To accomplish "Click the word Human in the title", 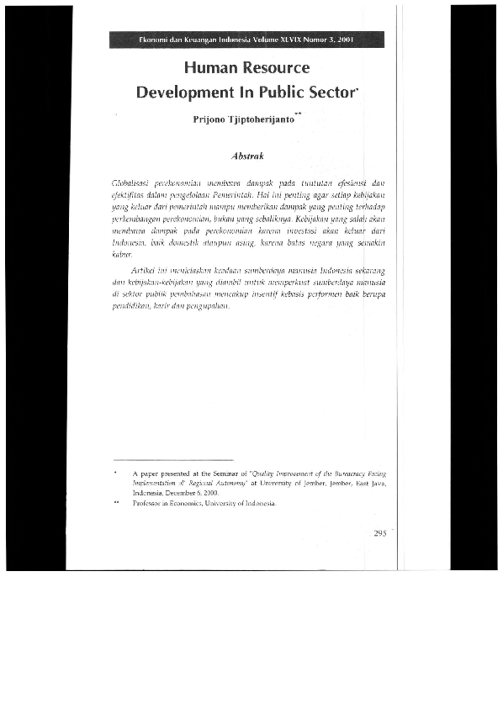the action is tap(210, 68).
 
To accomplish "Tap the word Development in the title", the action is tap(183, 92).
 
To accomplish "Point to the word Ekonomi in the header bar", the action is tap(155, 40).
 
